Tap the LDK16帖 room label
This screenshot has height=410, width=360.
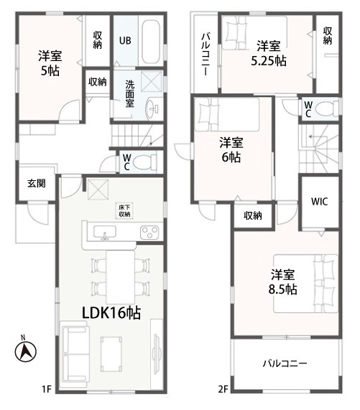[x=111, y=313]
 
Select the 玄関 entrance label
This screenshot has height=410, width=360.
[x=37, y=184]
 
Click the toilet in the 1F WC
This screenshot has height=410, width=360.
[x=144, y=162]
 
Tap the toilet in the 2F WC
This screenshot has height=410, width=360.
[x=327, y=108]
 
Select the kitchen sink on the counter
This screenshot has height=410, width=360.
[x=105, y=232]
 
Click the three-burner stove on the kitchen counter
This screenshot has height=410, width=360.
[x=149, y=232]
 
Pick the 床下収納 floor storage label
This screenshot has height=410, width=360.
[x=125, y=211]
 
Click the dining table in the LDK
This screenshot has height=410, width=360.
[x=121, y=277]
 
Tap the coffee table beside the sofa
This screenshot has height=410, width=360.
[x=111, y=354]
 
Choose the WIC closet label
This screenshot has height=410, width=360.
[x=320, y=202]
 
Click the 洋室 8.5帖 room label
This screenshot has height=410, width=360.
[x=283, y=282]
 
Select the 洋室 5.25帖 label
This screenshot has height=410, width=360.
[x=269, y=53]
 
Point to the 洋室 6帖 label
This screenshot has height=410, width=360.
[x=231, y=150]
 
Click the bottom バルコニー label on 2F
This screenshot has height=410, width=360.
[x=285, y=363]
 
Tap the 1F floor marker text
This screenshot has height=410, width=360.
[x=46, y=390]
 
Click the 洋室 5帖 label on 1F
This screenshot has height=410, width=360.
[x=50, y=63]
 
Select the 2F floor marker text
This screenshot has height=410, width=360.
[x=223, y=390]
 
